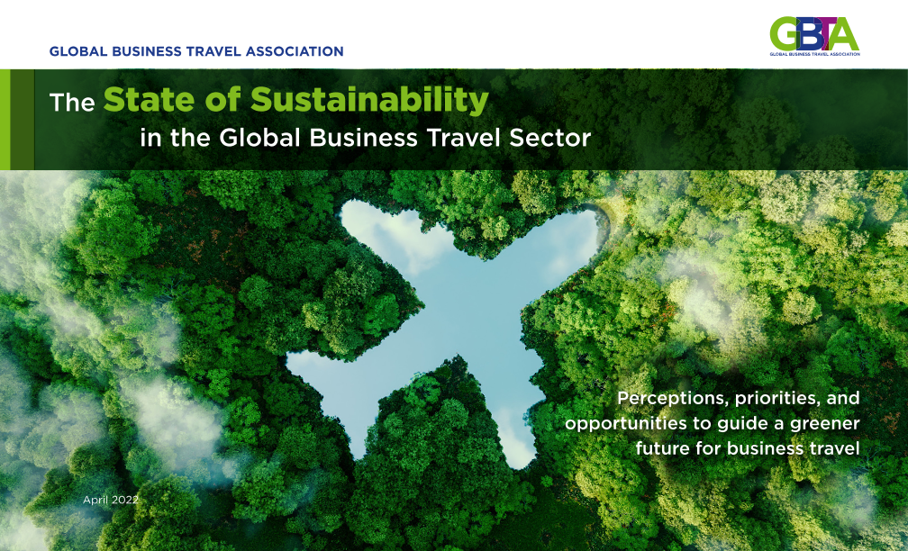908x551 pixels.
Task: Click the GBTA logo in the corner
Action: (x=814, y=36)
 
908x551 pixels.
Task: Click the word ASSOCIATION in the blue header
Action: (x=295, y=51)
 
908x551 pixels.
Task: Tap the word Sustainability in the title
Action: (x=369, y=99)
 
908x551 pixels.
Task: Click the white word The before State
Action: (x=72, y=103)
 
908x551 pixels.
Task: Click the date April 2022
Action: (x=111, y=500)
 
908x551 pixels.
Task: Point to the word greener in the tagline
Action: (x=825, y=424)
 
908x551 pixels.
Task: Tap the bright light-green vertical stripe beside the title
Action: (x=5, y=119)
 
